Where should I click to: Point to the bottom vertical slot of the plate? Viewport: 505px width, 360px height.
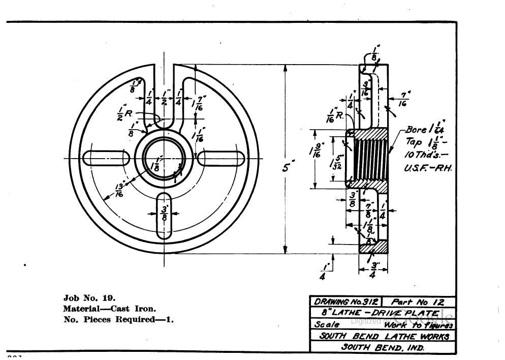click(165, 216)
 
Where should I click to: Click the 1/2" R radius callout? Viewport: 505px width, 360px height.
click(124, 112)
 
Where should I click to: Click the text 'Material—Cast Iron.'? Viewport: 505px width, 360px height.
click(109, 309)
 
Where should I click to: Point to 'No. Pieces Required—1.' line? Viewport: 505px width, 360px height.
click(118, 320)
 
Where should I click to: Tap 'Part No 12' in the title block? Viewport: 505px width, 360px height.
click(418, 302)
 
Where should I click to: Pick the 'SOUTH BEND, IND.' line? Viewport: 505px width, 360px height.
click(383, 348)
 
